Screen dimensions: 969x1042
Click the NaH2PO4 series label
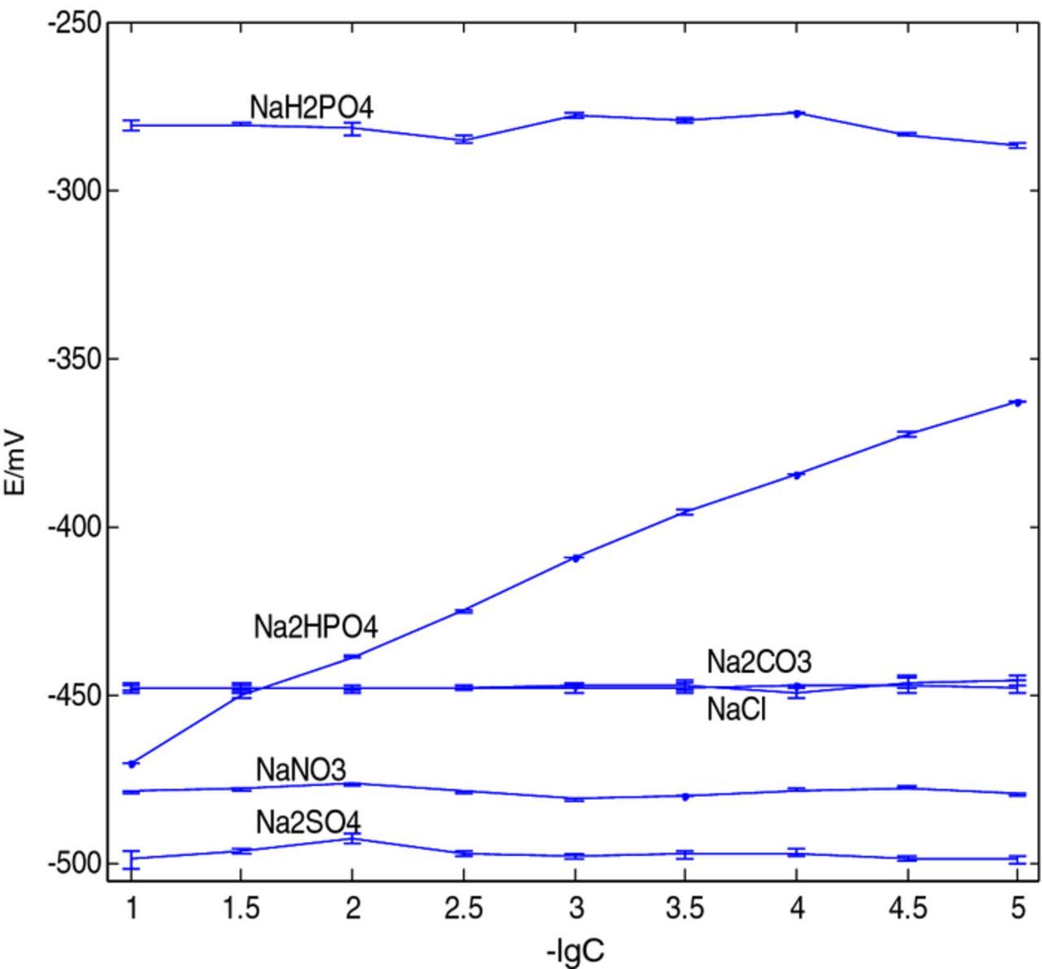(311, 107)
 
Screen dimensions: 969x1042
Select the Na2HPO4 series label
(316, 628)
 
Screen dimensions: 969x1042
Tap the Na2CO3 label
(759, 661)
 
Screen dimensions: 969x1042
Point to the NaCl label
(736, 710)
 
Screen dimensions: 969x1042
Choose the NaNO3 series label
(300, 769)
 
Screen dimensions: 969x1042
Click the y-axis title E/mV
(16, 462)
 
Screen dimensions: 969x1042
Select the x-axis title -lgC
(576, 950)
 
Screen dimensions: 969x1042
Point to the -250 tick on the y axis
(74, 23)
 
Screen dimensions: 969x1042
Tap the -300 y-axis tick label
(74, 191)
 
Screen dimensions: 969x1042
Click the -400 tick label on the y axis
(74, 527)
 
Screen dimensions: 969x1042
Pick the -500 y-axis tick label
(74, 863)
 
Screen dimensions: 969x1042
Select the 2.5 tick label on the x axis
(463, 907)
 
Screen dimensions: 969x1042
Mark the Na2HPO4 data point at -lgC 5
(1018, 401)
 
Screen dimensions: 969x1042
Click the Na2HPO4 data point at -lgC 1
(132, 764)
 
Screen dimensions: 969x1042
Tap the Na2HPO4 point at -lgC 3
(575, 558)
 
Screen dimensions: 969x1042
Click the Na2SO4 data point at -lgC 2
(352, 839)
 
